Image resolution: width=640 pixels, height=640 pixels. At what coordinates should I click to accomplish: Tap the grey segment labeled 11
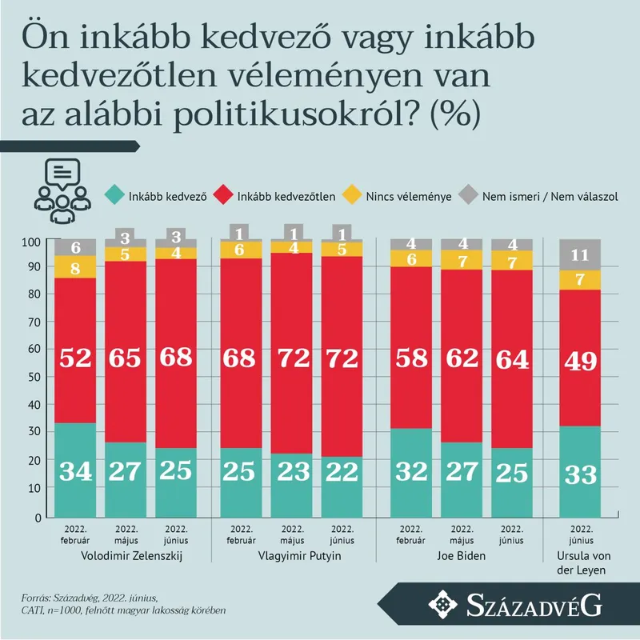(x=580, y=255)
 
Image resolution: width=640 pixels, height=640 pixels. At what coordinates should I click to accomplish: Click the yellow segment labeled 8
(x=74, y=267)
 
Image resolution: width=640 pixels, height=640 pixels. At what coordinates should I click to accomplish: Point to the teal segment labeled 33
(x=580, y=473)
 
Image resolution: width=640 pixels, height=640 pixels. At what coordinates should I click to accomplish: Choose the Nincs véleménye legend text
(x=408, y=195)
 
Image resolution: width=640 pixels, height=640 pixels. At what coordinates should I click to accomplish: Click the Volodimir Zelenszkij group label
(x=126, y=557)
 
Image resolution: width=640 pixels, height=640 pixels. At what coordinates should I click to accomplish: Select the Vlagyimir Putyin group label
(x=294, y=557)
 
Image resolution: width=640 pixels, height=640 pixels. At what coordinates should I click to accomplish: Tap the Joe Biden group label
(x=462, y=557)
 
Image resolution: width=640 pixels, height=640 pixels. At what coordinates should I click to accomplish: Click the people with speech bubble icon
(x=61, y=192)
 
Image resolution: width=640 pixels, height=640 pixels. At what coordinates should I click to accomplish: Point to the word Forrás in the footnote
(x=37, y=598)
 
